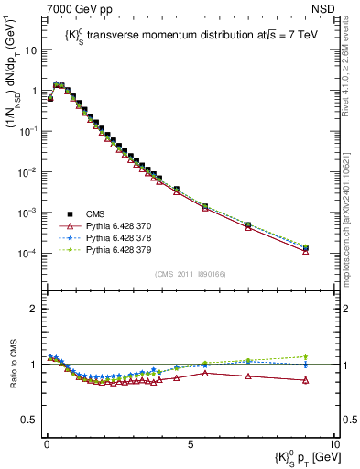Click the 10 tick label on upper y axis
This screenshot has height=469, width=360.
(31, 50)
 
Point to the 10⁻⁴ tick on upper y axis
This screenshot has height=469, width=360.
(28, 253)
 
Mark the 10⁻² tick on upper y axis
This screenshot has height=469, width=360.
(28, 171)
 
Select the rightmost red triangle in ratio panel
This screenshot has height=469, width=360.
(306, 380)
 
